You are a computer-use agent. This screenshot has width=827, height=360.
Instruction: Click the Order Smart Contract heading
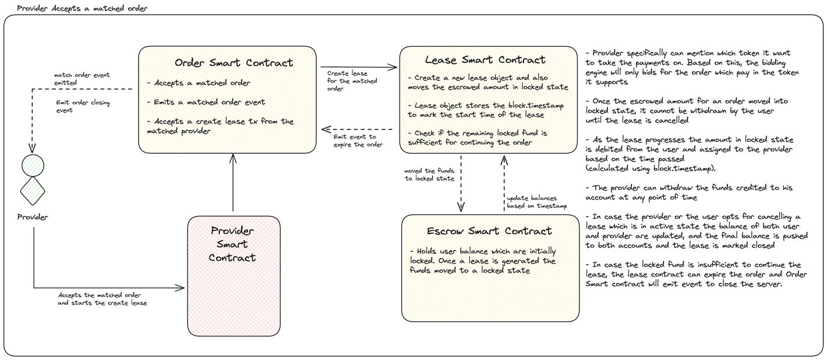point(234,63)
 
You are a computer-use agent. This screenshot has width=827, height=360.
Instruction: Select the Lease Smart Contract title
point(485,60)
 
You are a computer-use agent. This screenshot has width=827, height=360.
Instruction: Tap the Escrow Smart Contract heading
point(489,231)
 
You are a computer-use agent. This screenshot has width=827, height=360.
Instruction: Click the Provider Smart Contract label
point(232,244)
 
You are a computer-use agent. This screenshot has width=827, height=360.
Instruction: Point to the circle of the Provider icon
point(33,165)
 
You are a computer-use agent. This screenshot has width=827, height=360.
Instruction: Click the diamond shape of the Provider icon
point(33,191)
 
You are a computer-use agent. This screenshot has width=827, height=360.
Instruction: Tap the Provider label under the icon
point(33,217)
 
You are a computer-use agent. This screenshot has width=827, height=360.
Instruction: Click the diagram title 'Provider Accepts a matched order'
point(82,8)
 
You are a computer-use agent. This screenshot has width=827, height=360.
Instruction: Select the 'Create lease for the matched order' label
point(352,81)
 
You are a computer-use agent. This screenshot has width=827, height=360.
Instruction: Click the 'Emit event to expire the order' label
point(358,140)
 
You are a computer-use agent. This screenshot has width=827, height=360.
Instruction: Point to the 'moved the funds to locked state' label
point(429,175)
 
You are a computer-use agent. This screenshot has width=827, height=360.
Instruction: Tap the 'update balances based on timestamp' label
point(537,202)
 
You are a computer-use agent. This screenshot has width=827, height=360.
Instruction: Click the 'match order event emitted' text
point(82,79)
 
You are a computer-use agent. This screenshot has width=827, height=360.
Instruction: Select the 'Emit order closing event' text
point(83,107)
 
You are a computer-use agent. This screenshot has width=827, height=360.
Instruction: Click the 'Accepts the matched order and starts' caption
point(103,299)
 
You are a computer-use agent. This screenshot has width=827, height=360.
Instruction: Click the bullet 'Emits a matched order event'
point(206,102)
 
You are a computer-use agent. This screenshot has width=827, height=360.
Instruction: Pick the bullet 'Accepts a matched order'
point(199,83)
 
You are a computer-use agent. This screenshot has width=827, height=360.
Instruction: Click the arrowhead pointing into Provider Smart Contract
point(180,288)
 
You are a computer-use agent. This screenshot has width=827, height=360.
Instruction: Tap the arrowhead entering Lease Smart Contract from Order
point(393,67)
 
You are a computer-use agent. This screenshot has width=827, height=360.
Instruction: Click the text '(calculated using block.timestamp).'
point(651,168)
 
